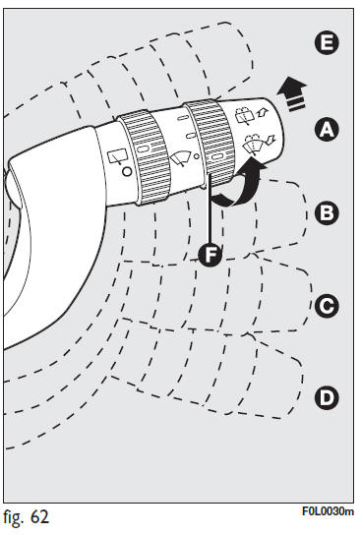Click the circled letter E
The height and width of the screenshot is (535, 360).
point(327,43)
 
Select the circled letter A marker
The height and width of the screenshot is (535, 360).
point(327,130)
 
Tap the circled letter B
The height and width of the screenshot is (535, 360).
point(327,212)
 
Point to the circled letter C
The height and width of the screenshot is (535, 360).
point(327,306)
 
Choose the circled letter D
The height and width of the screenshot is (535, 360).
point(327,397)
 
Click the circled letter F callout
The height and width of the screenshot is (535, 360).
point(210,255)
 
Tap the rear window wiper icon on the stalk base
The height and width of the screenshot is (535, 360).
point(117,157)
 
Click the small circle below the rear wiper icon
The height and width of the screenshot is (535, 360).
point(127,171)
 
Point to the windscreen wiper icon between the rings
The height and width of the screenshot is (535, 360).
point(180,158)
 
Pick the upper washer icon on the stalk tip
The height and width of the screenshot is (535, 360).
point(251,115)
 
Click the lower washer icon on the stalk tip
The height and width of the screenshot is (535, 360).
point(258,143)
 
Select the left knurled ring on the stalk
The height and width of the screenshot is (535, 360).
point(145,157)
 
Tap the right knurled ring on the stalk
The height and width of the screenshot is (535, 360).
point(210,143)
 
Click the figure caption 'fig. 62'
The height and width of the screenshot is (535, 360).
point(26,517)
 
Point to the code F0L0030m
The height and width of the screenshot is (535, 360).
point(328,511)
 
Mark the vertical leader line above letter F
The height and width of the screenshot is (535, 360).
point(210,208)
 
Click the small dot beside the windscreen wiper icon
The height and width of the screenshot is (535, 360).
point(196,156)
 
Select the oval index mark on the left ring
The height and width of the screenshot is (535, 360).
point(143,149)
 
